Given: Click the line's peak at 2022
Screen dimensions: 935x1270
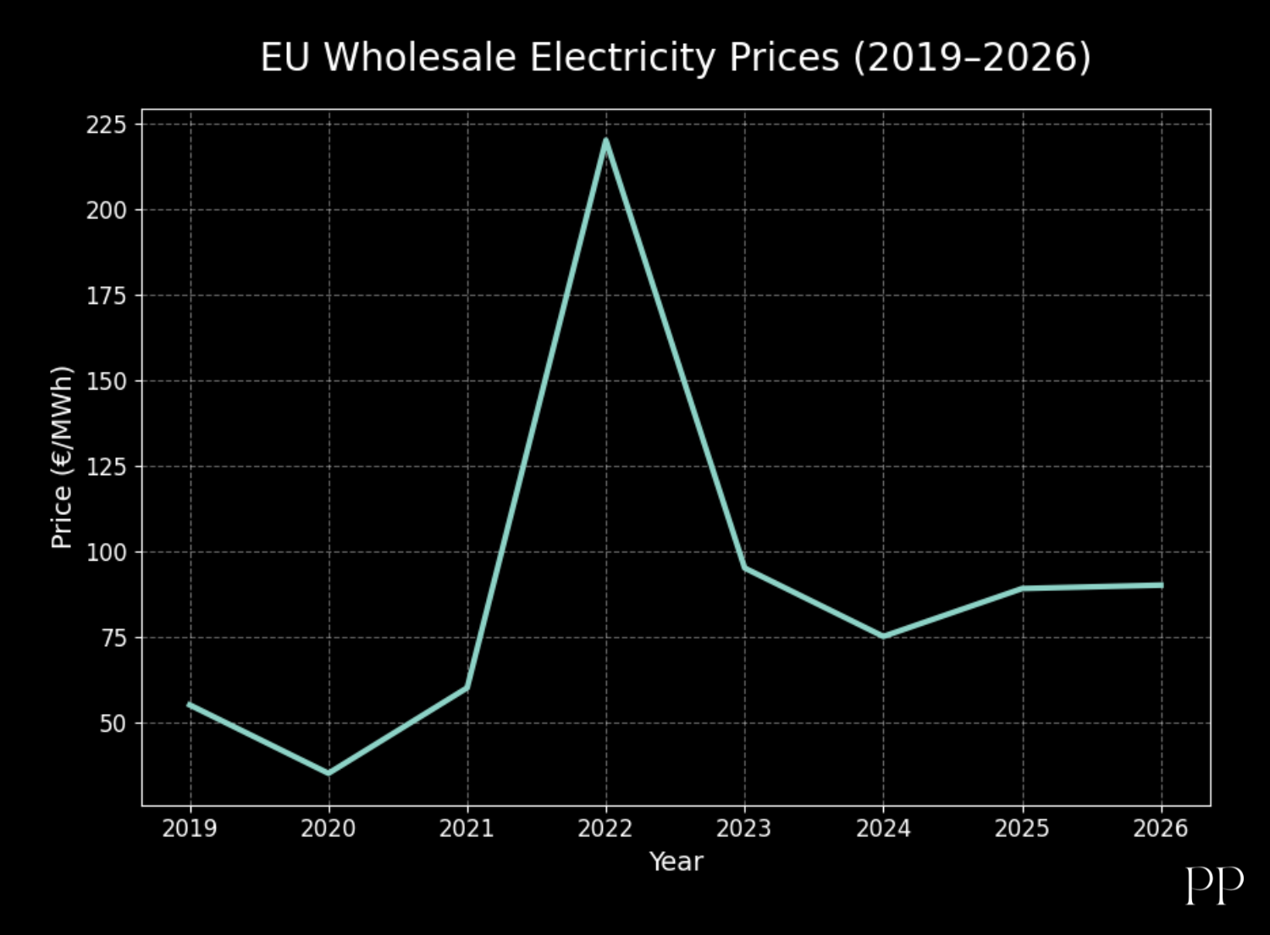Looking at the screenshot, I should (x=605, y=141).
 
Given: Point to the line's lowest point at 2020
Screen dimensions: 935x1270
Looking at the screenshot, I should (x=329, y=772).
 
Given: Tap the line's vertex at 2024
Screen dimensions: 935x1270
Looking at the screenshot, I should (x=883, y=636).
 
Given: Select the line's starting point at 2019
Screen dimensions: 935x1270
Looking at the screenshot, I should (x=190, y=705).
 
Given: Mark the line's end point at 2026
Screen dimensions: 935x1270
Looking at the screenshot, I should (x=1161, y=585).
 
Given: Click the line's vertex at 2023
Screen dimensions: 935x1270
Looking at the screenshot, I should (x=744, y=567).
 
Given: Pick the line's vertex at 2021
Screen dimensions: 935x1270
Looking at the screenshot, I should (x=467, y=687).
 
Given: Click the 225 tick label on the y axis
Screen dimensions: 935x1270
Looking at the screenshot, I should (x=106, y=125).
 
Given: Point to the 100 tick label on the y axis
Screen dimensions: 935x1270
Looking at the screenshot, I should (x=106, y=552).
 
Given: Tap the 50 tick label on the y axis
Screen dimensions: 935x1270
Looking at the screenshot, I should (x=113, y=723).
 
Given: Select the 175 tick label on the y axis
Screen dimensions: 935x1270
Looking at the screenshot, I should (x=106, y=296).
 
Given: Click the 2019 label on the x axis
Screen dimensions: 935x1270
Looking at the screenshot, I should (x=190, y=828).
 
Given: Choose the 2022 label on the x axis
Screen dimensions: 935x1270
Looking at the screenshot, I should (x=605, y=828).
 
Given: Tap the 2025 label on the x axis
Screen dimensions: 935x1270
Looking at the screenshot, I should (x=1022, y=828).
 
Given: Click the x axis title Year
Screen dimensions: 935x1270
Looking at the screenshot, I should (x=676, y=862).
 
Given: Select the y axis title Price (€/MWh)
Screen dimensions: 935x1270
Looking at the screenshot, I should (x=62, y=457).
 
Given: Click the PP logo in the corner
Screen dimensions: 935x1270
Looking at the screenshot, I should (x=1214, y=885).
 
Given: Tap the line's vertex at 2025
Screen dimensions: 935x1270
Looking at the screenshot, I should (x=1022, y=588).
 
